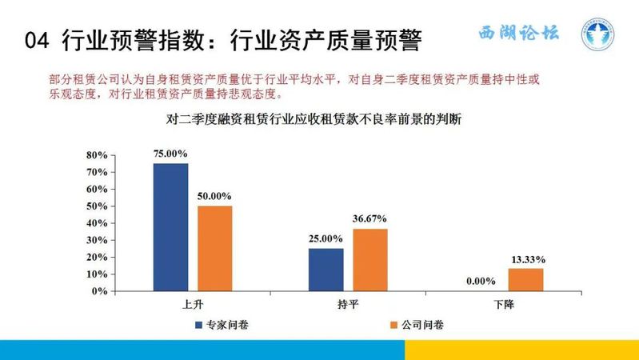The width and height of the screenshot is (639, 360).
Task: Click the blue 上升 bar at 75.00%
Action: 171,227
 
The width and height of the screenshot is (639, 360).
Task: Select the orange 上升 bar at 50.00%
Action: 215,248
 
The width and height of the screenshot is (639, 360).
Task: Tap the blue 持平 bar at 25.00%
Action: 326,270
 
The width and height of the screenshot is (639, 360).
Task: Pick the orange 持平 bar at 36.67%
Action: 370,260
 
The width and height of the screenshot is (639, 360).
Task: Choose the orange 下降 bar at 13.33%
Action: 525,280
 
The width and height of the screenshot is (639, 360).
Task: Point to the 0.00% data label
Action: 481,281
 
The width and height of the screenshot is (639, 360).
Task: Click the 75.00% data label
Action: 170,154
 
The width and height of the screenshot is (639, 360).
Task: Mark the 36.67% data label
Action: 369,218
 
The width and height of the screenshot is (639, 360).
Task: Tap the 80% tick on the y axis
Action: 97,155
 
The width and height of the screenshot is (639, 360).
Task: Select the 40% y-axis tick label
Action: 97,223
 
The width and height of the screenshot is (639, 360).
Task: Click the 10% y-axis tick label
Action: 97,274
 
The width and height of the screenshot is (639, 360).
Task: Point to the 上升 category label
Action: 193,304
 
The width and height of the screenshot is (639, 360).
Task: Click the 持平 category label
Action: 348,304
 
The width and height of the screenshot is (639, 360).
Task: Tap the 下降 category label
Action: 504,304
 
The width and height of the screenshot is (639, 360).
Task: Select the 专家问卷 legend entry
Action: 222,325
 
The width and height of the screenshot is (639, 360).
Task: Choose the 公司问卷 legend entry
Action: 417,325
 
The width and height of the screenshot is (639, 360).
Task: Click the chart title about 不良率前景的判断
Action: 314,119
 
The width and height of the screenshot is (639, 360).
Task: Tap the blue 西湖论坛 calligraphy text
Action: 519,33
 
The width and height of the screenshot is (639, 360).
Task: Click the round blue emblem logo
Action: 598,34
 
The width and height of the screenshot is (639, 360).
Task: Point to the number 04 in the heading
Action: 37,41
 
